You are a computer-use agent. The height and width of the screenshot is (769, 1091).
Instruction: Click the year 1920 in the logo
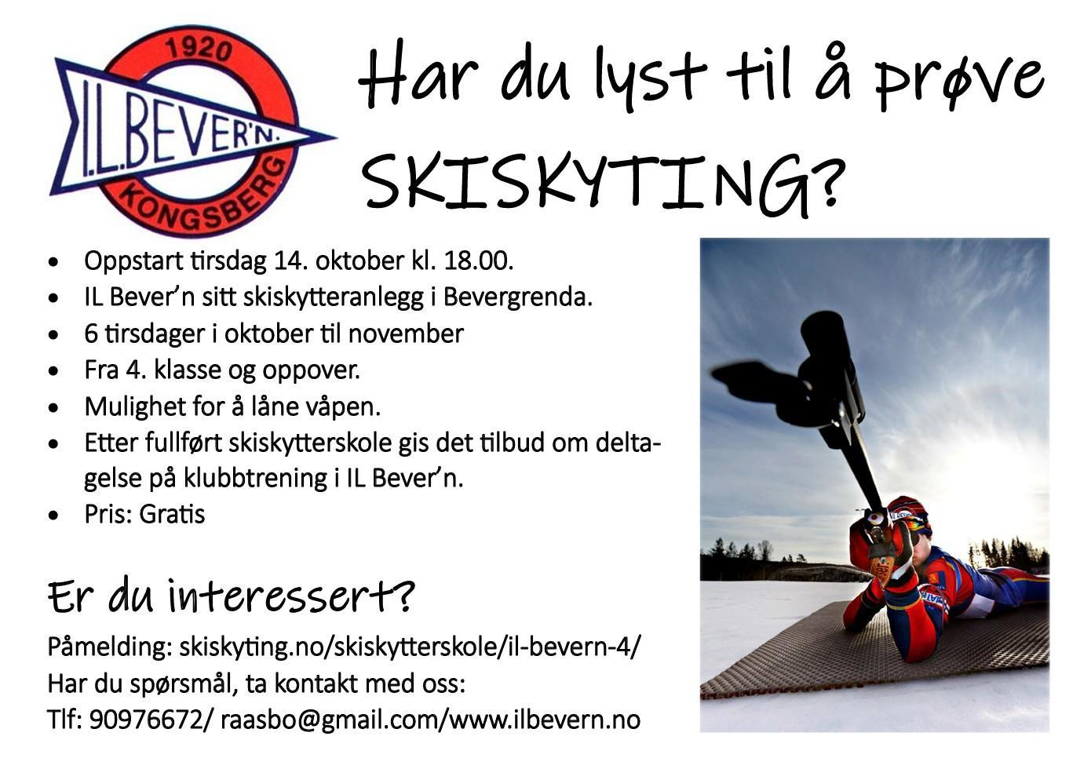(x=199, y=50)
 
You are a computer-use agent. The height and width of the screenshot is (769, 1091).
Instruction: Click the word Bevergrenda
(x=518, y=297)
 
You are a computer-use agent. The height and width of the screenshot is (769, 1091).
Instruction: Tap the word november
(x=406, y=333)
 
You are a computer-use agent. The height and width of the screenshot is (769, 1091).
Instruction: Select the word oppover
(x=312, y=371)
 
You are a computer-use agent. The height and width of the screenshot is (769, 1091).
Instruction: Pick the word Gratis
(x=172, y=514)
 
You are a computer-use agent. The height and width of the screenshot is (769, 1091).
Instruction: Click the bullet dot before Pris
(x=53, y=516)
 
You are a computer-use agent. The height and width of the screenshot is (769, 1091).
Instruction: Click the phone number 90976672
(x=145, y=720)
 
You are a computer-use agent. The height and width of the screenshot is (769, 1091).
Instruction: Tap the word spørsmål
(x=183, y=685)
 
